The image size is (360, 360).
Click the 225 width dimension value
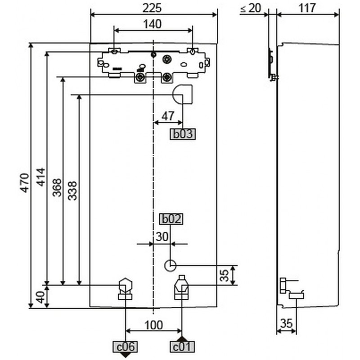[152, 8]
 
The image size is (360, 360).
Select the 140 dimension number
[153, 24]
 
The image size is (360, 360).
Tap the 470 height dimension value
[25, 183]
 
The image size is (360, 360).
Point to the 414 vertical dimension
[41, 177]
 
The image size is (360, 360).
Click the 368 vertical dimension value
[57, 188]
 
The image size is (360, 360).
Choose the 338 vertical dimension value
[72, 191]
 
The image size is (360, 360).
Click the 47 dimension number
[168, 116]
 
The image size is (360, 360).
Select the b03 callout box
[183, 134]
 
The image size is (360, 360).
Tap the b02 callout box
[171, 219]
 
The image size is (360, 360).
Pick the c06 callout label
[125, 347]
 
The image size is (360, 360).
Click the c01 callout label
[182, 347]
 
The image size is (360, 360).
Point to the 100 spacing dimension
[154, 325]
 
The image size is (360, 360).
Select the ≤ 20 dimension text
[251, 9]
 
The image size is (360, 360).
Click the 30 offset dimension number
[162, 237]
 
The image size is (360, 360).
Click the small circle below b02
[171, 265]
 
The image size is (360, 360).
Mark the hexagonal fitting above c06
[126, 288]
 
